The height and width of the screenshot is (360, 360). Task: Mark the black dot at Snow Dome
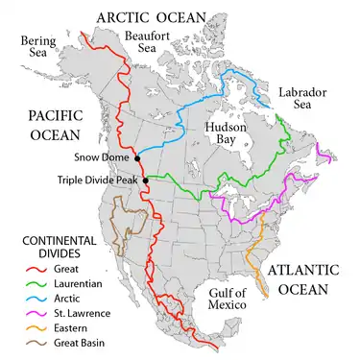pyautogui.click(x=137, y=158)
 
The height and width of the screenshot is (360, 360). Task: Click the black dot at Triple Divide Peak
pyautogui.click(x=145, y=180)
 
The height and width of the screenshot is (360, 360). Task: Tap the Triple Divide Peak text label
pyautogui.click(x=94, y=180)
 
